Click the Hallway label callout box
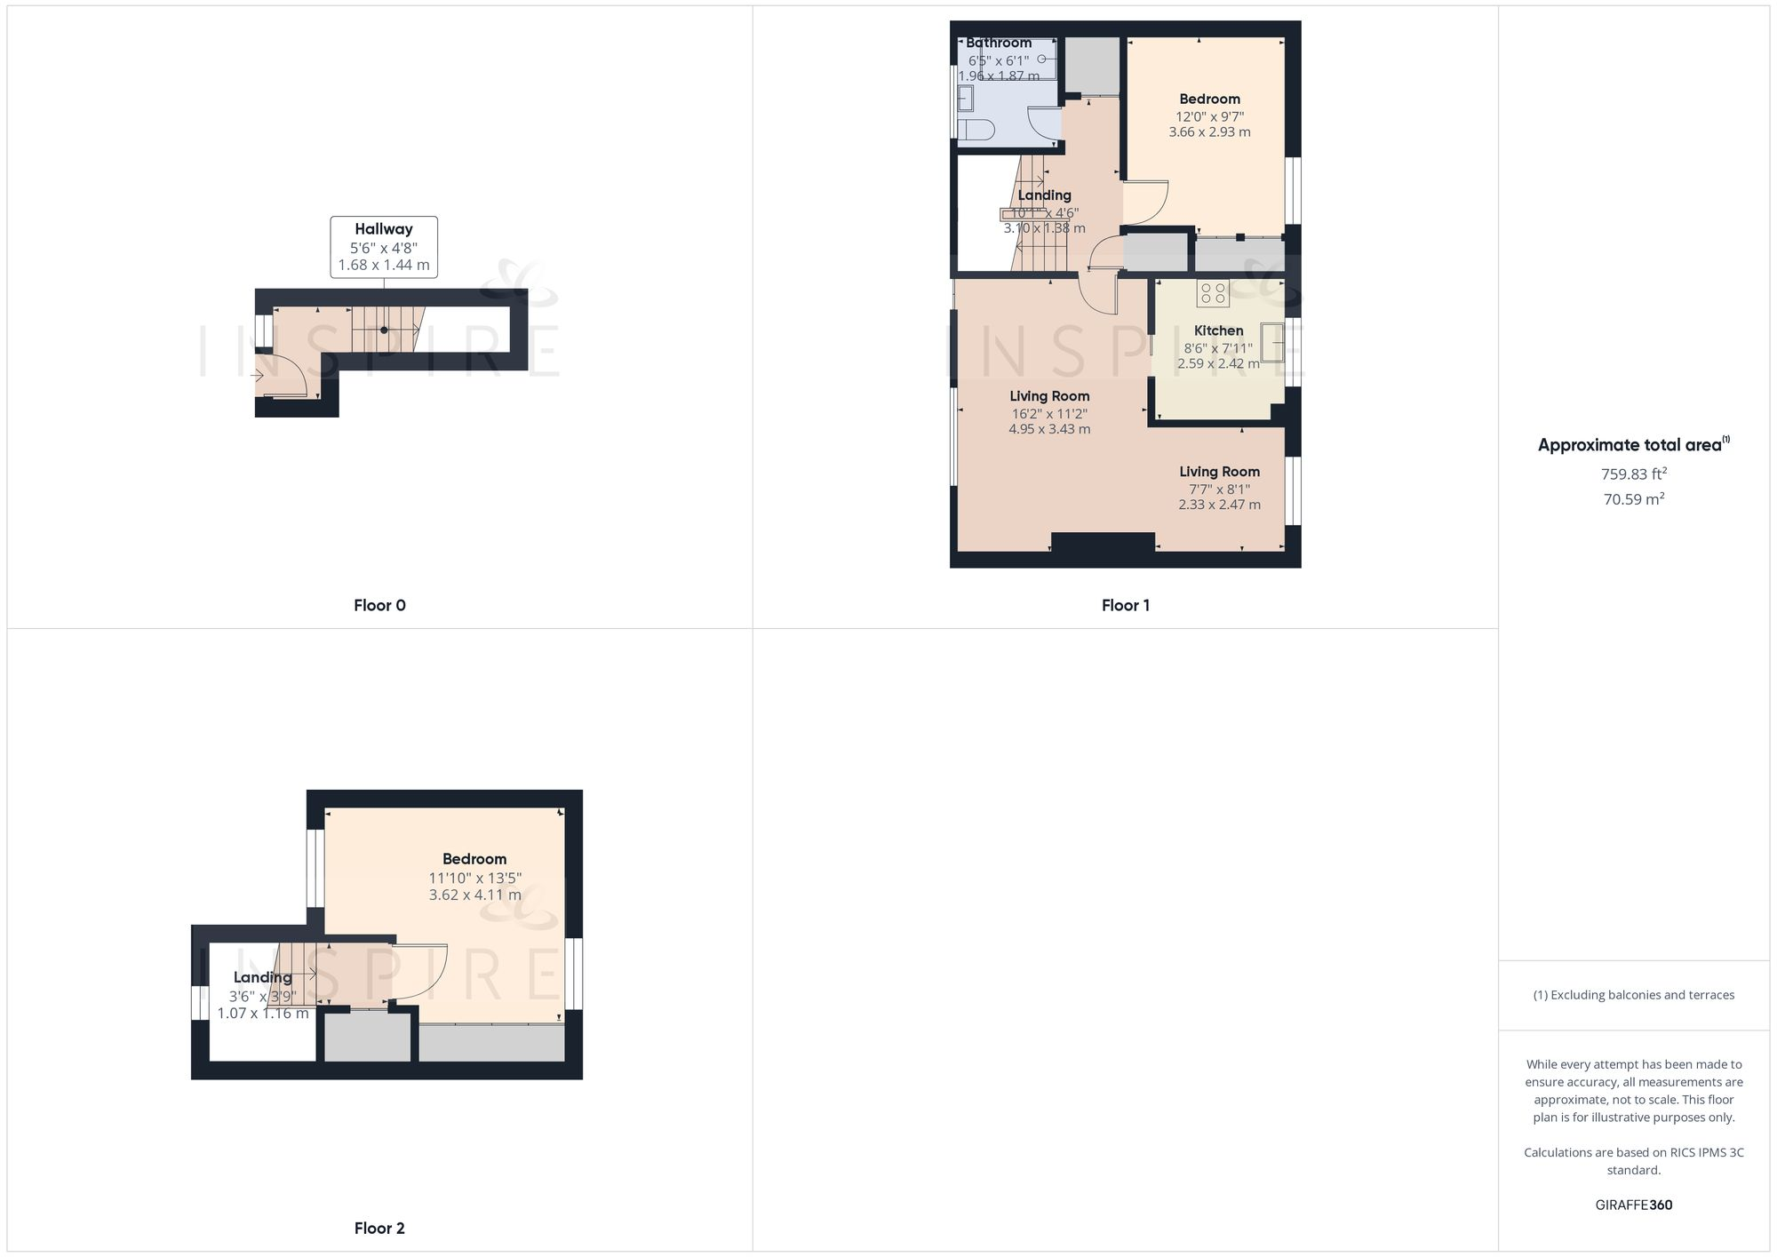(384, 247)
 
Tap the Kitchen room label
(1218, 330)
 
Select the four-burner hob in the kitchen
(1213, 293)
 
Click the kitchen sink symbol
(1272, 342)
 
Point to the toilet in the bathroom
(976, 129)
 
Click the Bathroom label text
(999, 43)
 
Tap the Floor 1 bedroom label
(1209, 99)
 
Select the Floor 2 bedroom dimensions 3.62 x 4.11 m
(474, 895)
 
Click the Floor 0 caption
(379, 606)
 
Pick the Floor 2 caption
(379, 1229)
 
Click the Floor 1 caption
(1126, 606)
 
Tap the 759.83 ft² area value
(1633, 474)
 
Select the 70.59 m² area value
(1633, 499)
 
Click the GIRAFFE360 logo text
(1633, 1205)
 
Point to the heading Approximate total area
(1633, 445)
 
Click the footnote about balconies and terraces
(1633, 995)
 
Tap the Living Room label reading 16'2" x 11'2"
(1049, 413)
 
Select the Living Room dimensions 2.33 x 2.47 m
(1219, 505)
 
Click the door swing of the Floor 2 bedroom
(422, 972)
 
